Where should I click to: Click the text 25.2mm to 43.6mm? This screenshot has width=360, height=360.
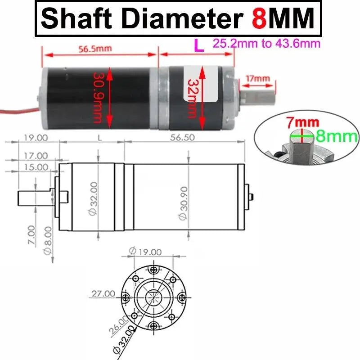pyautogui.click(x=266, y=44)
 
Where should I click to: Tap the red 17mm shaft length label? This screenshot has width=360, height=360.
pyautogui.click(x=258, y=79)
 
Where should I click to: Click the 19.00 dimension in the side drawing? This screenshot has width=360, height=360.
pyautogui.click(x=36, y=138)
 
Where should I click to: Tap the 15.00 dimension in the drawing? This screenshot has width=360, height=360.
pyautogui.click(x=36, y=167)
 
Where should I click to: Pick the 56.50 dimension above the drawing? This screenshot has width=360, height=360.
pyautogui.click(x=182, y=138)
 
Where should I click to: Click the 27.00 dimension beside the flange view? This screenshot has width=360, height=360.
pyautogui.click(x=103, y=293)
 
